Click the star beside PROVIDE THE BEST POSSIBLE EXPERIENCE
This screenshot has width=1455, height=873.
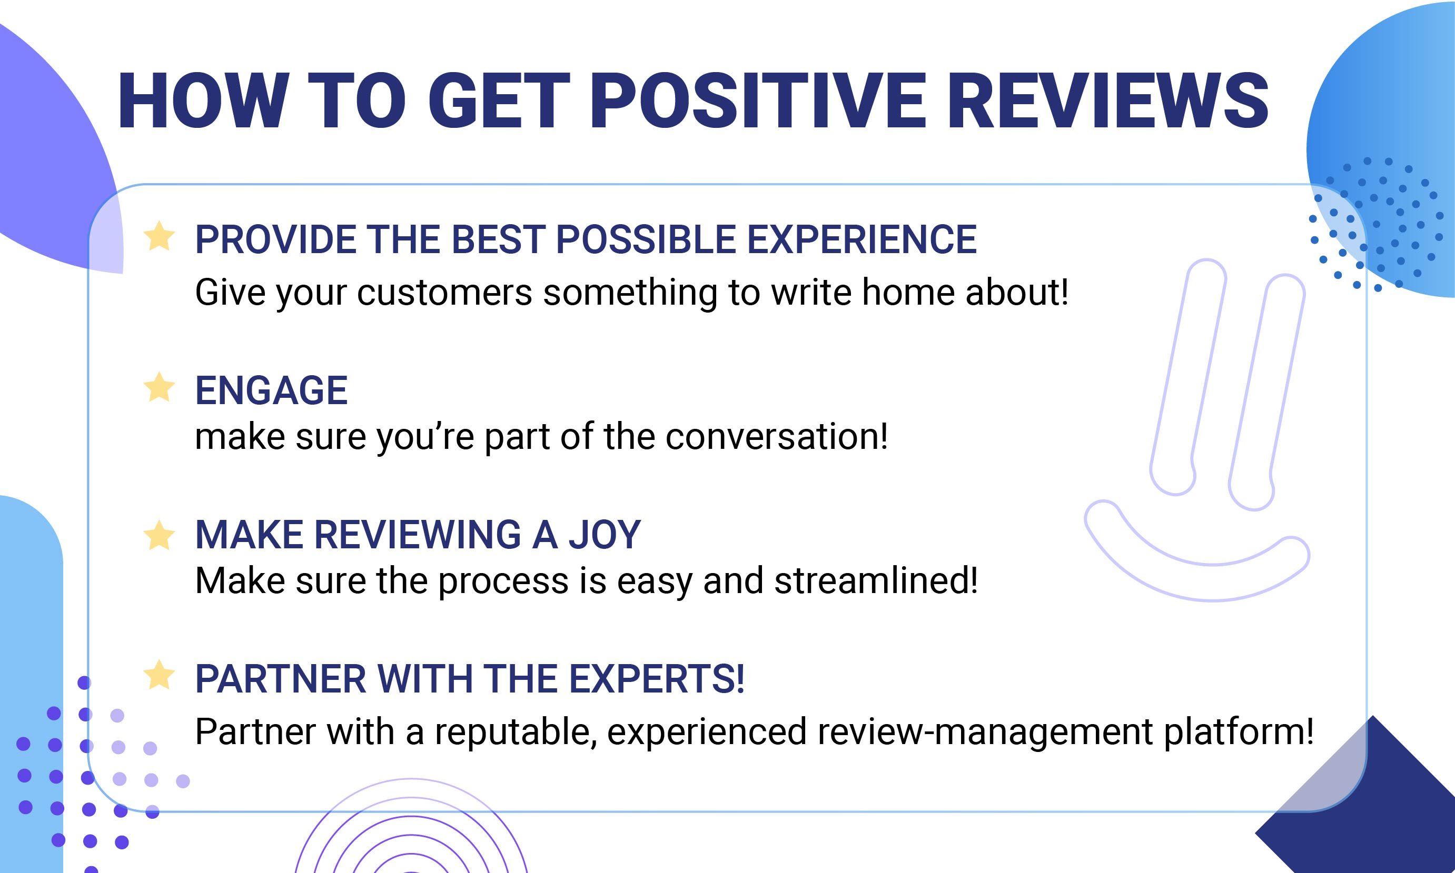[x=160, y=236]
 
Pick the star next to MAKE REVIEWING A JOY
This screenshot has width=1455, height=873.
[x=160, y=535]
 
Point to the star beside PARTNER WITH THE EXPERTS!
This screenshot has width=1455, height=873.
[x=160, y=674]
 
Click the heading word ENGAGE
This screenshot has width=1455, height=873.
[x=271, y=390]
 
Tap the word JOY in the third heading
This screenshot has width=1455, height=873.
[x=605, y=535]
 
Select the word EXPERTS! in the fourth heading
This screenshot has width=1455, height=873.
[x=657, y=679]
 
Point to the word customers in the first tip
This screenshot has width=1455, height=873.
[x=444, y=293]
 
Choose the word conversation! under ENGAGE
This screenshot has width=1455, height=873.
[x=776, y=437]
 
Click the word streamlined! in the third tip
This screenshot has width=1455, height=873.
[x=876, y=580]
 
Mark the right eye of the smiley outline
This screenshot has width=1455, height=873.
[x=1266, y=393]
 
